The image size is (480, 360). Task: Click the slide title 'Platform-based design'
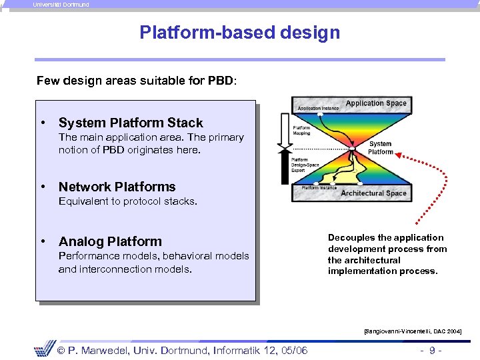coord(239,33)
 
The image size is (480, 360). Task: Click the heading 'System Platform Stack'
coord(131,123)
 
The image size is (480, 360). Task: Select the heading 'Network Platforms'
coord(117,187)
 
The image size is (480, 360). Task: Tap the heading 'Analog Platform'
coord(110,241)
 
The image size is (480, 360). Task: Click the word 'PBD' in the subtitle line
coord(220,81)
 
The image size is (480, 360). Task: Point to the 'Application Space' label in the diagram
coord(376,103)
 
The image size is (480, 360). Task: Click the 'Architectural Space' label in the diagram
coord(373,193)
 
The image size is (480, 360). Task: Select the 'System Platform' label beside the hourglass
coord(380,147)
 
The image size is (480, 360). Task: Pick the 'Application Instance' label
coord(318,107)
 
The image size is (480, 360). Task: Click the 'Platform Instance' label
coord(319,188)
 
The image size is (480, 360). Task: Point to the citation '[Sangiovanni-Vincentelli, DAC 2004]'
coord(412,331)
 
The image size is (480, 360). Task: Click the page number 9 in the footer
coord(433,350)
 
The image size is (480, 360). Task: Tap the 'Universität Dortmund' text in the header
coord(61,4)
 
